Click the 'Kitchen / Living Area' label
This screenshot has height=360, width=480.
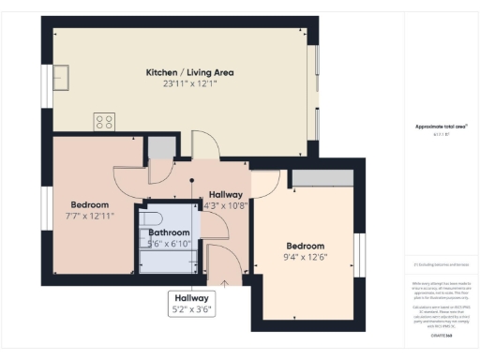189,72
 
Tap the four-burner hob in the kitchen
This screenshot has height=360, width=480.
104,121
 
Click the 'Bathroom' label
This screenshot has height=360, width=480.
169,232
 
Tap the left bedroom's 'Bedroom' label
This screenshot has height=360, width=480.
90,204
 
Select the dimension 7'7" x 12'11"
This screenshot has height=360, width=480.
90,217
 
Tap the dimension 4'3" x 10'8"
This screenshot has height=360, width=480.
226,206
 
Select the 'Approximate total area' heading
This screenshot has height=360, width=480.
441,127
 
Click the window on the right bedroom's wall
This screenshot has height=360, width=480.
358,256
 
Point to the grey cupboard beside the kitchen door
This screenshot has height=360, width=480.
162,146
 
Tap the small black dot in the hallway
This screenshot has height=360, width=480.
191,180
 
